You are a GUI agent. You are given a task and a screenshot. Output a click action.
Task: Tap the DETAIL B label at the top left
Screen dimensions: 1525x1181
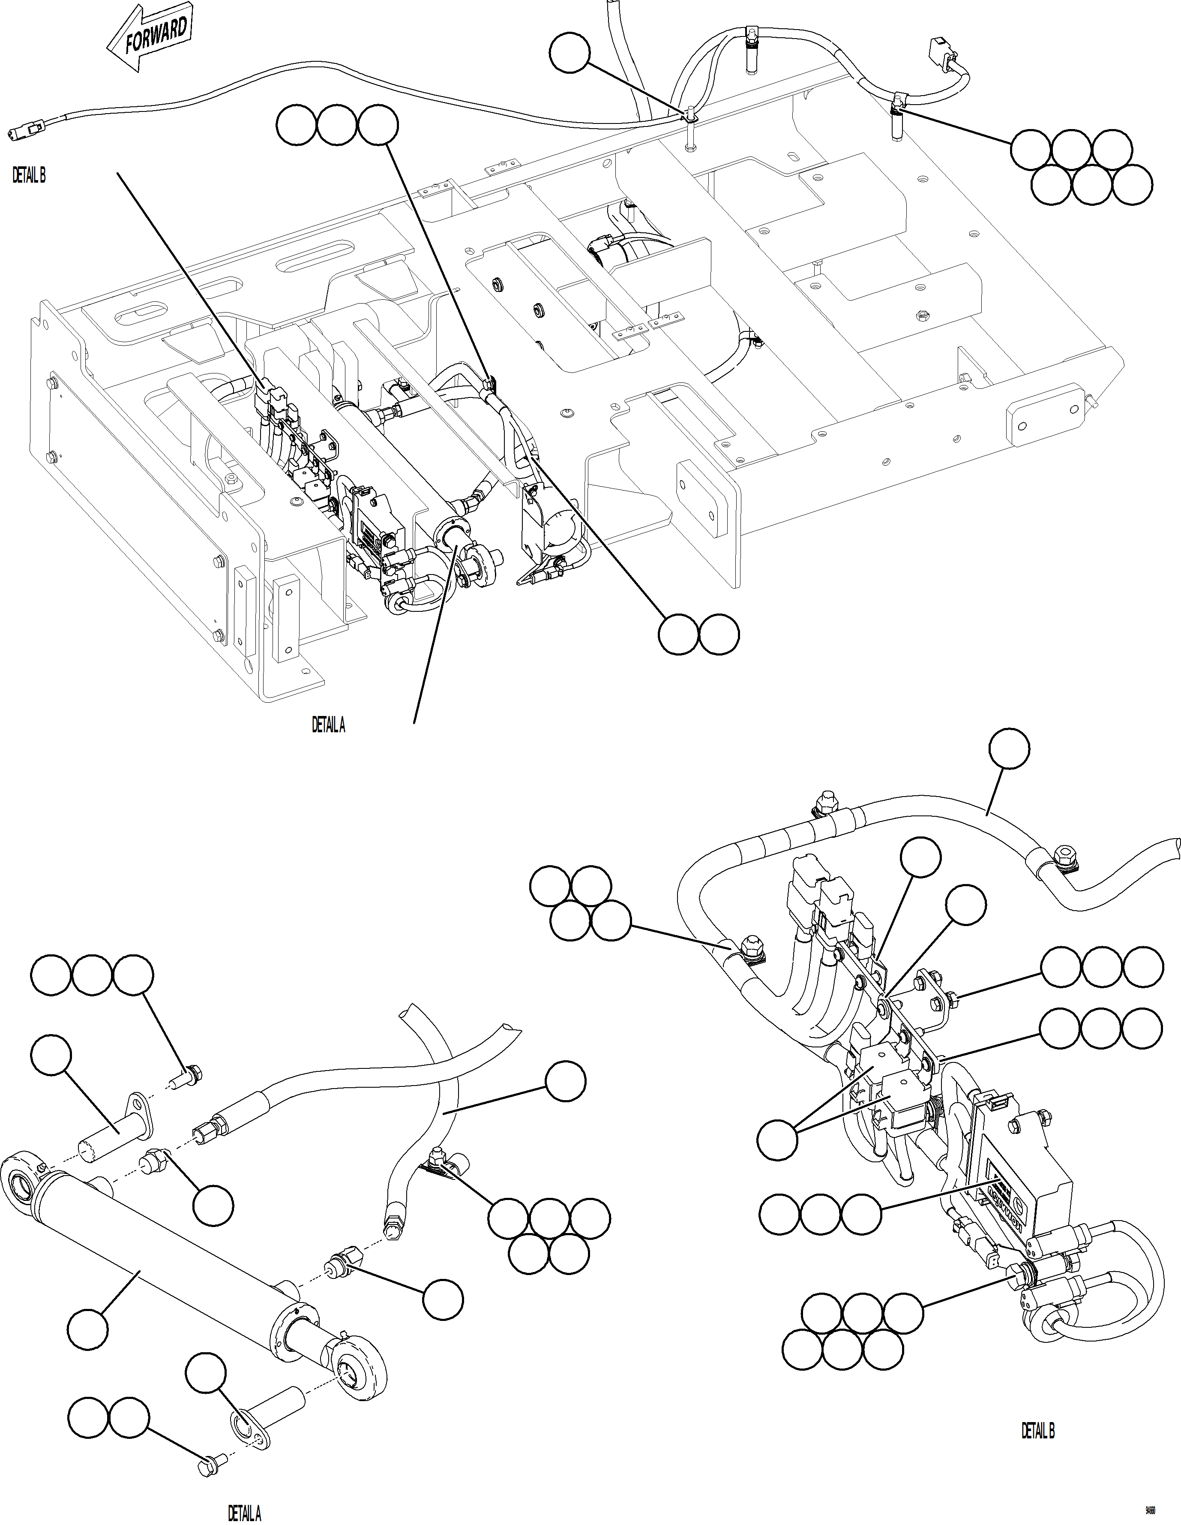(x=29, y=176)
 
